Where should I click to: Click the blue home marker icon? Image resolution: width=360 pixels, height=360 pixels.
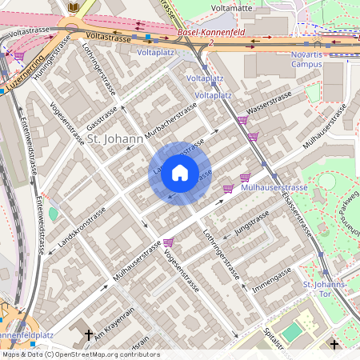point(180,173)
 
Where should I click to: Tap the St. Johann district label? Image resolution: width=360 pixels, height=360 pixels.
point(114,139)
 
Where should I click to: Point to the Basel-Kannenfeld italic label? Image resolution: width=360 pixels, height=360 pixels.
point(211,33)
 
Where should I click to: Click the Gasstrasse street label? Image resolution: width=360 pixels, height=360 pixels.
point(102,118)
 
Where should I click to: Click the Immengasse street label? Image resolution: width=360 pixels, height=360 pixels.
point(271,273)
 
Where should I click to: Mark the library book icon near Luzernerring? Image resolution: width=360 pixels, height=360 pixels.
point(74,8)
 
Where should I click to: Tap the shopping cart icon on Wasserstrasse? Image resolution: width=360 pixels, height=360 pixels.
point(242,120)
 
